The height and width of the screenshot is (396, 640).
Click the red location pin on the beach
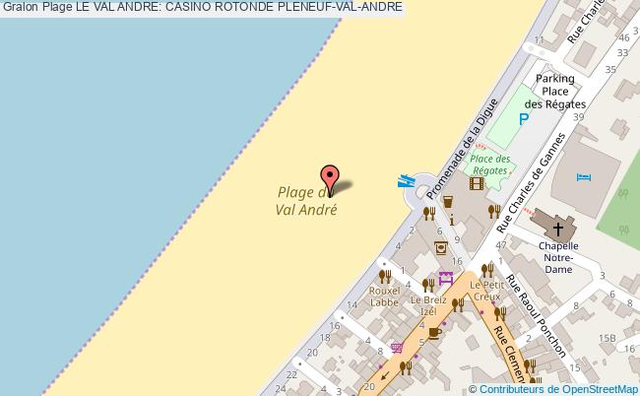pyautogui.click(x=331, y=177)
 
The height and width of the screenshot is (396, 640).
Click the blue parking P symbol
pyautogui.click(x=525, y=119)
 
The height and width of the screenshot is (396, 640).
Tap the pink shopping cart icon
pyautogui.click(x=397, y=347)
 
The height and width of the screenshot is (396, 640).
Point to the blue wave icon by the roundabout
pyautogui.click(x=405, y=180)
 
